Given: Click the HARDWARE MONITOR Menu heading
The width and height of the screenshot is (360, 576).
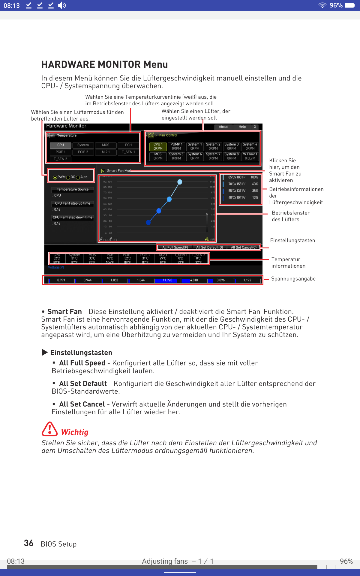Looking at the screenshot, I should (104, 64).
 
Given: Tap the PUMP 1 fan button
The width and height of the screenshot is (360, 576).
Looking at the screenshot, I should (176, 146).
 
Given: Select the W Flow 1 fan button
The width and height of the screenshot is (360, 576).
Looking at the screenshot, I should (250, 156).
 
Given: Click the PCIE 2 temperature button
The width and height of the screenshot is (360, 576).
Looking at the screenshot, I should (83, 152).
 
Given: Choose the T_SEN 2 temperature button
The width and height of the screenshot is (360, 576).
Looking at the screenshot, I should (60, 159).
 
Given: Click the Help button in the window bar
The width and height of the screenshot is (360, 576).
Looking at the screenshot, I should (242, 127).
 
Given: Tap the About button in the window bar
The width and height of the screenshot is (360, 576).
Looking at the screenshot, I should (223, 127).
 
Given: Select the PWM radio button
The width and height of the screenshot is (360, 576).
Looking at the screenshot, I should (55, 177).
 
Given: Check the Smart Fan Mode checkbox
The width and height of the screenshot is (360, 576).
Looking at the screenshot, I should (103, 171).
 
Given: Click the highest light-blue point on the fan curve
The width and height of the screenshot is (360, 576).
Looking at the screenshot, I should (180, 182).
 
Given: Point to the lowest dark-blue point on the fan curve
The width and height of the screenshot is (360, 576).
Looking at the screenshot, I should (148, 223).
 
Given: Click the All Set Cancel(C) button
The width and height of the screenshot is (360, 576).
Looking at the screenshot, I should (244, 247).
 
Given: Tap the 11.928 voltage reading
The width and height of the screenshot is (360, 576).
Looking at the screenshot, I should (167, 280).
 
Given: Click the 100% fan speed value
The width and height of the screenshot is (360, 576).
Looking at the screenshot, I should (254, 177).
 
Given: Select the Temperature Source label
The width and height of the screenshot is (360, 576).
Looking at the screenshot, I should (73, 190).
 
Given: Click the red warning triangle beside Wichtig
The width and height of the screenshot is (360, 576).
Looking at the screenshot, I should (49, 429).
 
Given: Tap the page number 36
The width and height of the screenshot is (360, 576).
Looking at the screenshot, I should (28, 543).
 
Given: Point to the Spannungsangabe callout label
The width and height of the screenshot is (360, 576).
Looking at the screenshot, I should (293, 279).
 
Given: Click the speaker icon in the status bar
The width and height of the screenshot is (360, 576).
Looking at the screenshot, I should (62, 5).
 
